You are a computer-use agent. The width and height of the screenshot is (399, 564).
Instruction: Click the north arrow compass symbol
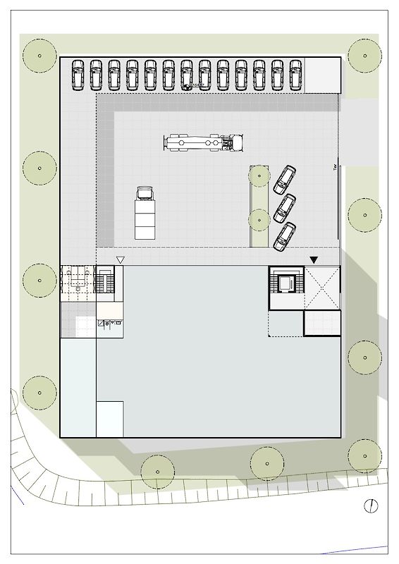(372, 505)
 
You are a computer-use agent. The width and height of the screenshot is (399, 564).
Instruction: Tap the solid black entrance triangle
(314, 260)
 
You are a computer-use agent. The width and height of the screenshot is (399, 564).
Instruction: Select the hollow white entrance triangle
(121, 260)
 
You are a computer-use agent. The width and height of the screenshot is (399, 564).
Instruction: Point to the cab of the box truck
(145, 192)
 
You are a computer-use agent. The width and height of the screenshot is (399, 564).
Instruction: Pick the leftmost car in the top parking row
(78, 74)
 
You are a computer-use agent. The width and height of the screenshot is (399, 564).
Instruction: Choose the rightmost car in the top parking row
(296, 74)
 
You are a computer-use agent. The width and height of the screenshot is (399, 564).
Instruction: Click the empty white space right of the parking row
(322, 75)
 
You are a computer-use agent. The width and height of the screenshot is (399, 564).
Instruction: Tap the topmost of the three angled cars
(286, 179)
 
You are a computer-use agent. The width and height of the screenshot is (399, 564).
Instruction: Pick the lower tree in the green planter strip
(259, 220)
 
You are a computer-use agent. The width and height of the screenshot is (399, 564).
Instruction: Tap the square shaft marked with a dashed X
(322, 288)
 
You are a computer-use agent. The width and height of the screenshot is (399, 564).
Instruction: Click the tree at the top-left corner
(39, 55)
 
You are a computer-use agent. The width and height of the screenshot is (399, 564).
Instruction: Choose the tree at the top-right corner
(364, 54)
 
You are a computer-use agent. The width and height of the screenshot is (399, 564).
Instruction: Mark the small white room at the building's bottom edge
(110, 419)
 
